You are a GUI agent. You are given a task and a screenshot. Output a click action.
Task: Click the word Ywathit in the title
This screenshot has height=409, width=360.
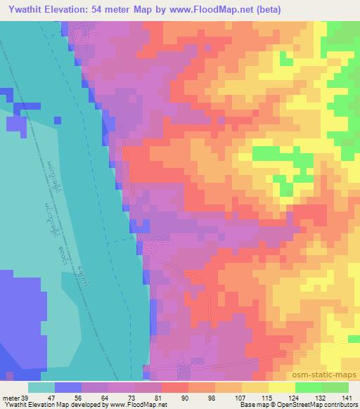point(25,8)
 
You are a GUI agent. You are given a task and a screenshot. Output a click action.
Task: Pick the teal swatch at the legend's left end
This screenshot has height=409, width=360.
point(41,387)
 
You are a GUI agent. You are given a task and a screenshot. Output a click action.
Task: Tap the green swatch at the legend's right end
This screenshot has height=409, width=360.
point(335,387)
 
